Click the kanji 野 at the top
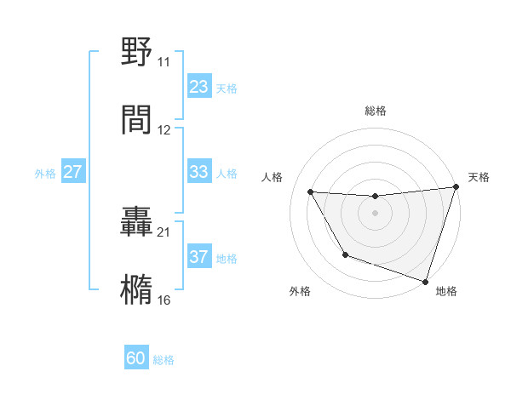pos(137,53)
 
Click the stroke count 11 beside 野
pos(164,62)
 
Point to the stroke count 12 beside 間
pos(164,130)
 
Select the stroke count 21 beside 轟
pos(164,231)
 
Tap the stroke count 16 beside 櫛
pos(164,300)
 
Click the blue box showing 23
pos(199,87)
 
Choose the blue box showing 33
pos(199,172)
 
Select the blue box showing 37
pos(199,257)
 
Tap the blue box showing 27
pos(73,172)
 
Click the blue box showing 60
pos(136,358)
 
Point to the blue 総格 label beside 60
pos(164,360)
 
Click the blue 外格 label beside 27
pos(45,174)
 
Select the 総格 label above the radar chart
pos(376,111)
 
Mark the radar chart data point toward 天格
pos(456,188)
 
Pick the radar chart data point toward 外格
pos(345,254)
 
